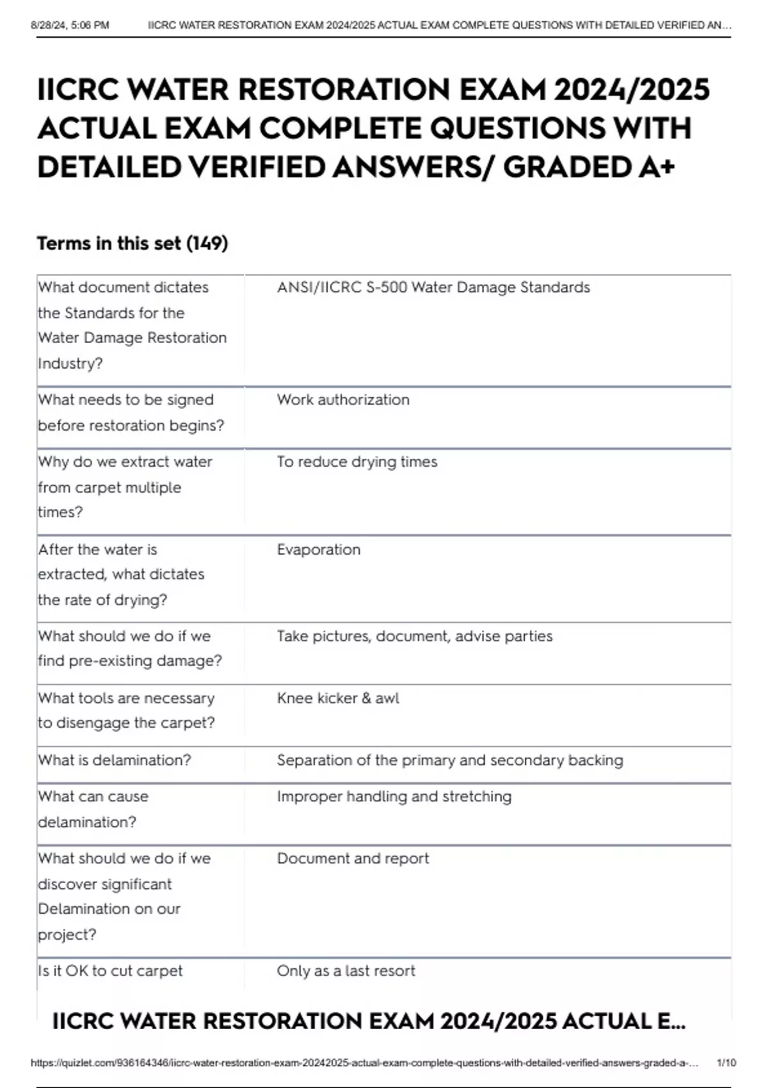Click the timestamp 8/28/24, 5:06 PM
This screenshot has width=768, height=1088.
[70, 26]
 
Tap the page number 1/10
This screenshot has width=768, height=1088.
[726, 1063]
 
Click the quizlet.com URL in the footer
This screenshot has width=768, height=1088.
[364, 1063]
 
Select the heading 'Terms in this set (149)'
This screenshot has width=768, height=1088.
[132, 244]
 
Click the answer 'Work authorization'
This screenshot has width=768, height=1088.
[343, 400]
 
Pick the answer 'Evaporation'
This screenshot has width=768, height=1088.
[319, 550]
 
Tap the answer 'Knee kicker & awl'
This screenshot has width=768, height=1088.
[338, 698]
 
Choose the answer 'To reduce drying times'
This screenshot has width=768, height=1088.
[357, 462]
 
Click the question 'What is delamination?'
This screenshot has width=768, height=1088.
[115, 760]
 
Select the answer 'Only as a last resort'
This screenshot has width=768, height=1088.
[346, 971]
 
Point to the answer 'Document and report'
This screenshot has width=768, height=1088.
[353, 859]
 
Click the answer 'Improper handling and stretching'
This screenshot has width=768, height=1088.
[394, 797]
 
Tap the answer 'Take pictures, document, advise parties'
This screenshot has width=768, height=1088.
[415, 636]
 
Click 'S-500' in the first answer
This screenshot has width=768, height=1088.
[387, 287]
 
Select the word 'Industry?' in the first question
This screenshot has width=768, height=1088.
[70, 364]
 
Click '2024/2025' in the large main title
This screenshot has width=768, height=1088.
[632, 90]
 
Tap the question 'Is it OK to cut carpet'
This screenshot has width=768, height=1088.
[110, 971]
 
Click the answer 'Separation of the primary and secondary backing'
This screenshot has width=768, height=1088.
[450, 760]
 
